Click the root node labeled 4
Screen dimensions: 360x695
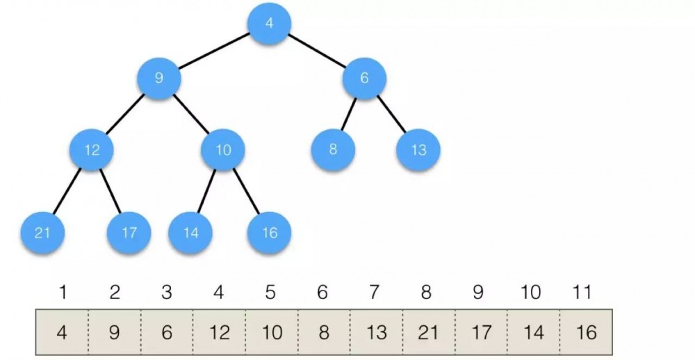(269, 23)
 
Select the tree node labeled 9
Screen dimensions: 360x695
(158, 78)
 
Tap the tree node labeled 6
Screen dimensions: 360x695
(364, 78)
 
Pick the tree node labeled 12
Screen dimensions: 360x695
(92, 149)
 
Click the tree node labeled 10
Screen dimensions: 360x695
(222, 149)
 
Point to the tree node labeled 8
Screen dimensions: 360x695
(333, 149)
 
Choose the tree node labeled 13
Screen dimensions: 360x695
(419, 149)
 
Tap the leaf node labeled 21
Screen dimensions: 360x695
(43, 233)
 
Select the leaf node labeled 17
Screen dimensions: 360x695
(129, 233)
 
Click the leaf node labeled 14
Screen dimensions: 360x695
(190, 233)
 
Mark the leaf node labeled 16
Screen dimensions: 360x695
(269, 233)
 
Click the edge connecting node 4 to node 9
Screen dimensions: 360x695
(214, 51)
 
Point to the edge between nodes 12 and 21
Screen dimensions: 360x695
(67, 191)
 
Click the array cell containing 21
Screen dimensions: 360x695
(427, 333)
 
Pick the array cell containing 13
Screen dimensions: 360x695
(376, 333)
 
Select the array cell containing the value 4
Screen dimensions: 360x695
(62, 333)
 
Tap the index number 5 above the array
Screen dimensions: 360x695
(270, 293)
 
